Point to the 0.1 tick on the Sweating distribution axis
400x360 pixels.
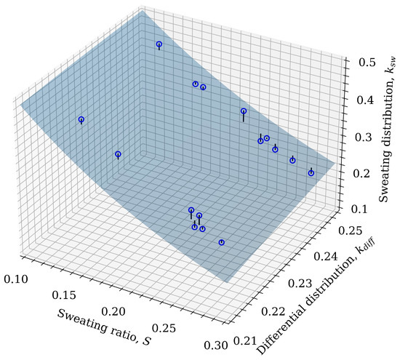click(353, 209)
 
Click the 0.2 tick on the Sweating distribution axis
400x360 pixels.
click(354, 173)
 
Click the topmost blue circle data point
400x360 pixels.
click(159, 45)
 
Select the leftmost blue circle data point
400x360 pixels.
click(81, 119)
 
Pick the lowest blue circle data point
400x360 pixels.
click(222, 242)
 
